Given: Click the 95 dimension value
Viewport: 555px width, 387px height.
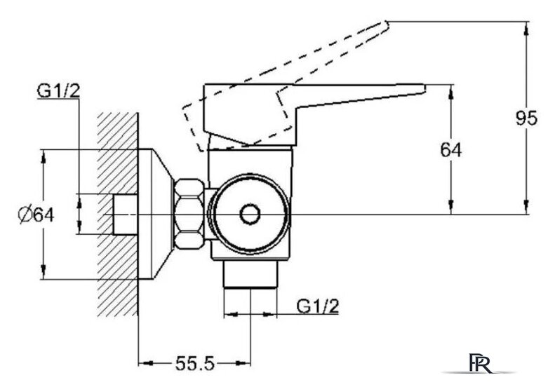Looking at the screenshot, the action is pos(526,118).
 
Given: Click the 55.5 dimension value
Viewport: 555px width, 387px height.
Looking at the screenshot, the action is pos(194,363).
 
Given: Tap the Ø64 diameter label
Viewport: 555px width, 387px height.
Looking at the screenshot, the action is pos(36,215).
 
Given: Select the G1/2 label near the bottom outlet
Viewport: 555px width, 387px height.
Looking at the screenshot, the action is pos(318,306).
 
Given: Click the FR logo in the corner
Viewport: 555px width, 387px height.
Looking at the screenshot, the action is pos(481,362).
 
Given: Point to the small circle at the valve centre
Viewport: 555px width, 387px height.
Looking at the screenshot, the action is pos(250,215).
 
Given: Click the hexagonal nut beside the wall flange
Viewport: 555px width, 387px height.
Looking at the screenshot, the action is pos(189,215).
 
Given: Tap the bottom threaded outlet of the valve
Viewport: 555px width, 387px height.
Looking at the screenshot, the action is pos(250,275).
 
